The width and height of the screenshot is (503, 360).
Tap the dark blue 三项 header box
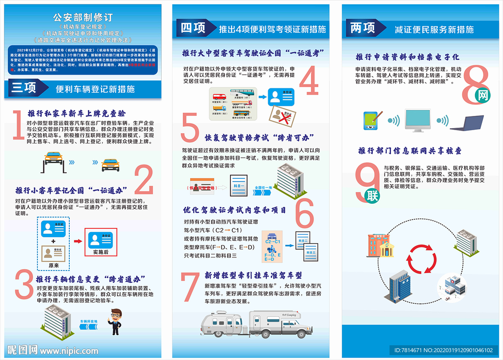[x=24, y=88]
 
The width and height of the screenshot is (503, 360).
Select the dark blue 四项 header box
[x=194, y=28]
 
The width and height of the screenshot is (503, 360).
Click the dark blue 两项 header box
[x=363, y=28]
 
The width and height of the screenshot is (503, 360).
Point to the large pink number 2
[x=143, y=181]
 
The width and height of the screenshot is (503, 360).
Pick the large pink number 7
[x=190, y=286]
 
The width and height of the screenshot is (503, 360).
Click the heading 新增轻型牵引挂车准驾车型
[x=253, y=275]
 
